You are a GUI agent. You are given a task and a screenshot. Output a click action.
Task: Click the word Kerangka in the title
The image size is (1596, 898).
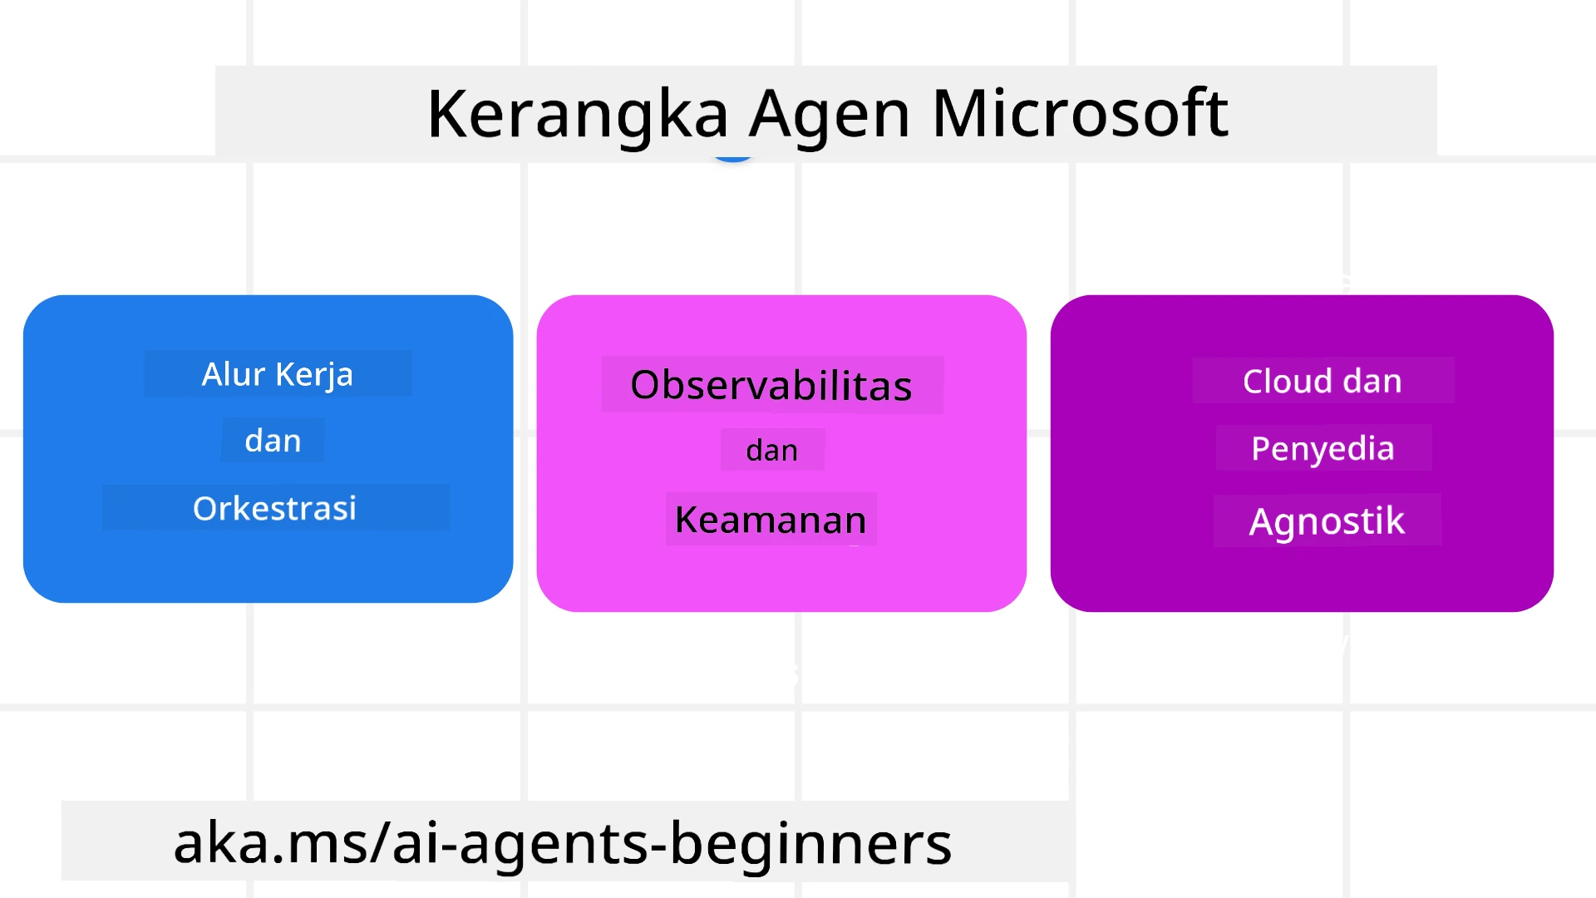(x=577, y=115)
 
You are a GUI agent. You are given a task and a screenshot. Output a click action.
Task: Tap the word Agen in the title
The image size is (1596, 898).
(x=829, y=115)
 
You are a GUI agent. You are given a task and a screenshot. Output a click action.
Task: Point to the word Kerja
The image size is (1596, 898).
(x=314, y=375)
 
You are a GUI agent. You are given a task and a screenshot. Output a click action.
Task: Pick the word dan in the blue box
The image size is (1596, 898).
(x=273, y=441)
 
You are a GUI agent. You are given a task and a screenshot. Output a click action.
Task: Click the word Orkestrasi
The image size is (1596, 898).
(x=274, y=508)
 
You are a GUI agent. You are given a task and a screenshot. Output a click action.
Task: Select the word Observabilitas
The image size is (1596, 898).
(x=771, y=385)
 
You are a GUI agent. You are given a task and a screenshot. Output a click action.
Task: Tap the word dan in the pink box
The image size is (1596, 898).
(x=771, y=451)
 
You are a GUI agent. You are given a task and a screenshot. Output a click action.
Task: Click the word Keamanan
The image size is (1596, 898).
(x=771, y=520)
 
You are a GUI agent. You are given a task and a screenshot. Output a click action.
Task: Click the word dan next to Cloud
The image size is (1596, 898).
(x=1372, y=381)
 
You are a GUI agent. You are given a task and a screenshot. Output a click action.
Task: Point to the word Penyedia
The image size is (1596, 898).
(x=1323, y=449)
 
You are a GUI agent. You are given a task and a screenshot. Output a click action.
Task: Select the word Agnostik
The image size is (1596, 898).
(x=1327, y=521)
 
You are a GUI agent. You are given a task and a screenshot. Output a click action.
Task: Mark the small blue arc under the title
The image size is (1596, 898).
(x=733, y=157)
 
